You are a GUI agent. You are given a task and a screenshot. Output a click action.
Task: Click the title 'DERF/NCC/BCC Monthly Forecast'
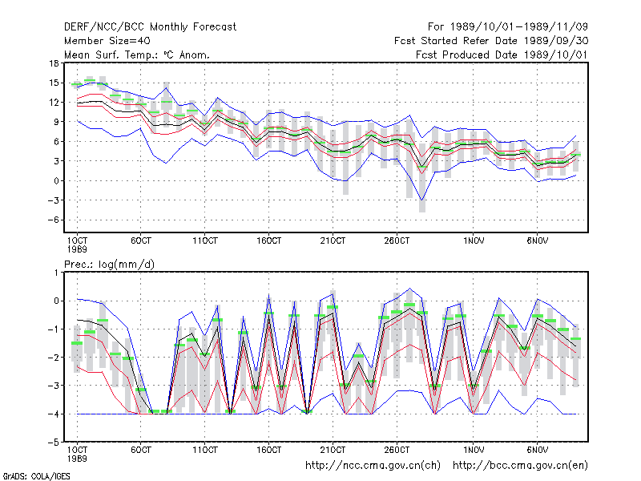[x=150, y=27]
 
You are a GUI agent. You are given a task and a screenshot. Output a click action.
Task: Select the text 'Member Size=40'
[x=107, y=41]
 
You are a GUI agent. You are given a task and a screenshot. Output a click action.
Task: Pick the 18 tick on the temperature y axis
[x=54, y=63]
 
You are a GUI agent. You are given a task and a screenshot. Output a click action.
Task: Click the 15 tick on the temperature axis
[x=54, y=83]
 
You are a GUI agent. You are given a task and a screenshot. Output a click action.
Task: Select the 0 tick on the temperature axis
[x=56, y=181]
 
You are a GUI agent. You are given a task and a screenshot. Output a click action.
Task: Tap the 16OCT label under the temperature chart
[x=269, y=241]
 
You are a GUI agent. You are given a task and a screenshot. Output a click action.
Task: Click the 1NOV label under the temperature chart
[x=474, y=241]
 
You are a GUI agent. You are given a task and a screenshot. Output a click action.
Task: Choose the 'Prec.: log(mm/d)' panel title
[x=109, y=265]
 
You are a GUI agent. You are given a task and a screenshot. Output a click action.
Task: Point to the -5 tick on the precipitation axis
[x=54, y=443]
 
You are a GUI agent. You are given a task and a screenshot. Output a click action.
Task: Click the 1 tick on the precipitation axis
[x=56, y=273]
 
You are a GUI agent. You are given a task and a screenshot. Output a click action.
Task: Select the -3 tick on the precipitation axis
[x=54, y=386]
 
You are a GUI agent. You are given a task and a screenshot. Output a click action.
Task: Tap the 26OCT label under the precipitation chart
[x=397, y=450]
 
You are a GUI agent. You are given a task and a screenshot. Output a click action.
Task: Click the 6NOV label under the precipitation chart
[x=538, y=450]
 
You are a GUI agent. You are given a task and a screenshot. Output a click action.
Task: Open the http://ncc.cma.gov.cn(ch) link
[x=373, y=466]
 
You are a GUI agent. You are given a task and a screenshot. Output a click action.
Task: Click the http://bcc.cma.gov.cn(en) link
[x=520, y=466]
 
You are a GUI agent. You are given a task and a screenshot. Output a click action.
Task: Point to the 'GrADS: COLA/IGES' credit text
[x=37, y=476]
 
